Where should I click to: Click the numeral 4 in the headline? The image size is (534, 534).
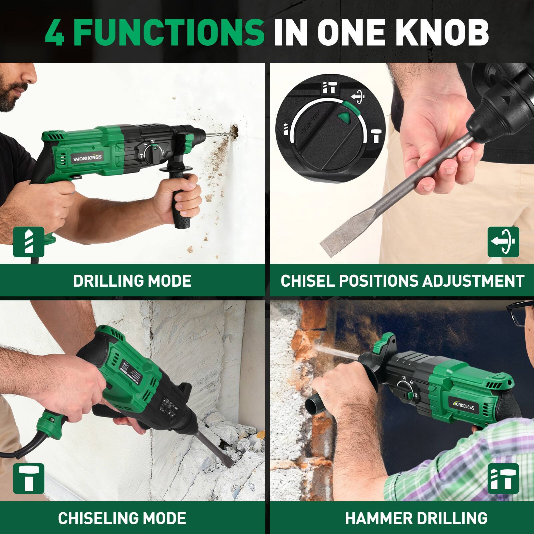pos(54,32)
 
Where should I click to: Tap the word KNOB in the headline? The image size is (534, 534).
pos(434,32)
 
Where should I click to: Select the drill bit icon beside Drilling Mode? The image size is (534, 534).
pos(29,242)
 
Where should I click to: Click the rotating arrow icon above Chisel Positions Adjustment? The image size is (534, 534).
pos(503,242)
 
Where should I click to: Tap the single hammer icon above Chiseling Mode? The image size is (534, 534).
pos(29,478)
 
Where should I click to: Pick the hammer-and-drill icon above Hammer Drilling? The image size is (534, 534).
pos(503,478)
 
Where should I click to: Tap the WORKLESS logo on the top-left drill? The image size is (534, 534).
pos(88,157)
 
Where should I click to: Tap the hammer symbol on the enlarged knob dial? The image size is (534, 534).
pos(376,136)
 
